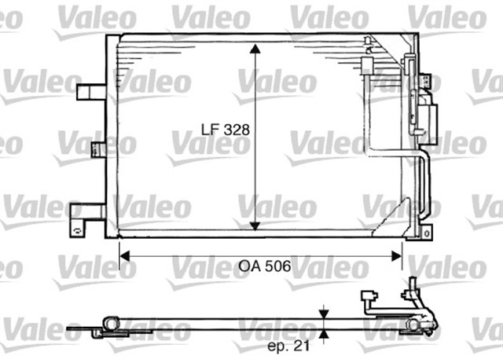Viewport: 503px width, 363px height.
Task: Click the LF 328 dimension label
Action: (226, 130)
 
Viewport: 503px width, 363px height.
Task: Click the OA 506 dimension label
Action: (265, 266)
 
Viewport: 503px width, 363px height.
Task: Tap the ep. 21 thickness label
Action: (288, 346)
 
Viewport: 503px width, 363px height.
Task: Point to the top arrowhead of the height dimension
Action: (255, 49)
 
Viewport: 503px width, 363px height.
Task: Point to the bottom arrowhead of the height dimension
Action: (255, 225)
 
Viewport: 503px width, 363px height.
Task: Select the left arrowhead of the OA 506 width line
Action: (124, 256)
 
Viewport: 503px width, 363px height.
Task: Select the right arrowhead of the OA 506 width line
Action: (397, 256)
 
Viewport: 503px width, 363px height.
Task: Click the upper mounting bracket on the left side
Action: (91, 92)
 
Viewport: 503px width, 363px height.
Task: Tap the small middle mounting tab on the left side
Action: (98, 150)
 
